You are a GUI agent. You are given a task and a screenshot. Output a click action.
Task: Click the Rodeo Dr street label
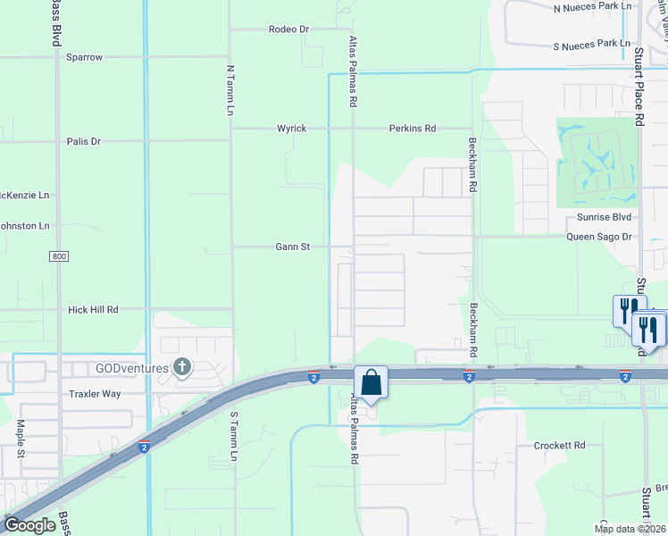tap(288, 29)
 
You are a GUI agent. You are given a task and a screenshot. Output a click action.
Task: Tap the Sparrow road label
tap(84, 57)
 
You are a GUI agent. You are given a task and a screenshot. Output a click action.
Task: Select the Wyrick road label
tap(291, 129)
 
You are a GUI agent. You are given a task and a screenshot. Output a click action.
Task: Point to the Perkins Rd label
tap(412, 129)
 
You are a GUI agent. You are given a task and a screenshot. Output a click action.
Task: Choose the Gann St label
tap(292, 247)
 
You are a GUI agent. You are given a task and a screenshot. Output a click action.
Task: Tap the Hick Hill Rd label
tap(93, 310)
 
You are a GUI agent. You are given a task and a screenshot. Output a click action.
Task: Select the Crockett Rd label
tap(559, 445)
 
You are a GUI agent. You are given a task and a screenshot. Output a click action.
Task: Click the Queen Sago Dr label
tap(600, 237)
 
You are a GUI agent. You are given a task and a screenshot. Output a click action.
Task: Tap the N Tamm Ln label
tap(230, 89)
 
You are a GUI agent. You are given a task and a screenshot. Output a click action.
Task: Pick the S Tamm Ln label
tap(235, 437)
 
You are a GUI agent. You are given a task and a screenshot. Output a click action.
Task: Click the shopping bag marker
tap(371, 382)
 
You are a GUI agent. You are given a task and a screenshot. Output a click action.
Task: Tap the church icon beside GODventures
tap(182, 366)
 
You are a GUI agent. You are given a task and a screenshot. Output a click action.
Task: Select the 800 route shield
tap(59, 257)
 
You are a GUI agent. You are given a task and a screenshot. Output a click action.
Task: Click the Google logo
tap(29, 525)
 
